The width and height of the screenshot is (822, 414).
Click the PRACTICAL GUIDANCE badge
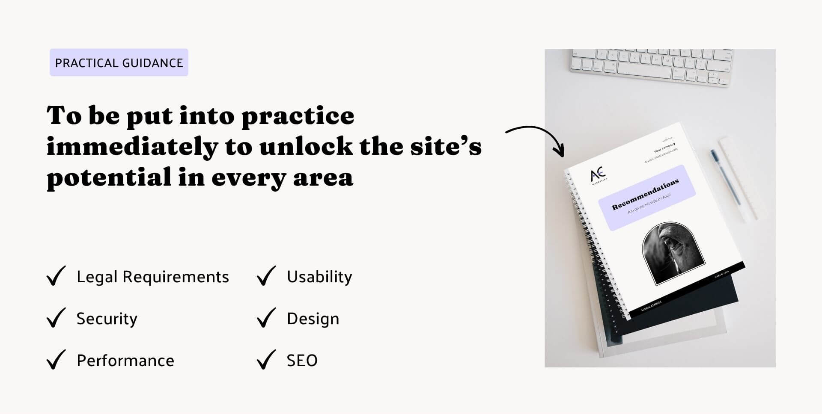point(119,63)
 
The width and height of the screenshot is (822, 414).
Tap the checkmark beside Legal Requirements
point(56,276)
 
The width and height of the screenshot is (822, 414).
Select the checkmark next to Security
point(56,318)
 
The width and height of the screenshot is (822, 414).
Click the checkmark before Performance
point(56,360)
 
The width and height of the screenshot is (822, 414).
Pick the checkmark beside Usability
point(266,276)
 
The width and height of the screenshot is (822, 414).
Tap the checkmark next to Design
point(266,318)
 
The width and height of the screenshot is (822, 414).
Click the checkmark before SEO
point(266,360)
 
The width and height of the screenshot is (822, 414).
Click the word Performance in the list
point(125,361)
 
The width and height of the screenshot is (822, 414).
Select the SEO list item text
point(302,361)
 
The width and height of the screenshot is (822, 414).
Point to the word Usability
point(319,277)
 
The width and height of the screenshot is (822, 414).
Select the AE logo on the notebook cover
point(599,175)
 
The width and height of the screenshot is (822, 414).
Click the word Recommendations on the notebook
point(645,195)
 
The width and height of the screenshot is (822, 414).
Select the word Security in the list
point(107,319)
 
